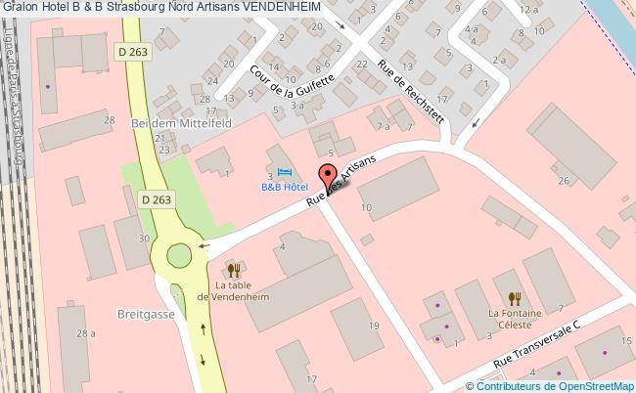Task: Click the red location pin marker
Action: coord(327,181)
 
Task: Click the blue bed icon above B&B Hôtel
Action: coord(270,173)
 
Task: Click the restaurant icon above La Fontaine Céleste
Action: coord(513,297)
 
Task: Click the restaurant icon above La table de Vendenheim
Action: coord(232,269)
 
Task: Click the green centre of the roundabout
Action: coord(179,255)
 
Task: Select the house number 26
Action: coord(563,180)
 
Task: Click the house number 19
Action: coord(374,326)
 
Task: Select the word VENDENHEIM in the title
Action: coord(287,8)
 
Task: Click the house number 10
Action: coord(367,207)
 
